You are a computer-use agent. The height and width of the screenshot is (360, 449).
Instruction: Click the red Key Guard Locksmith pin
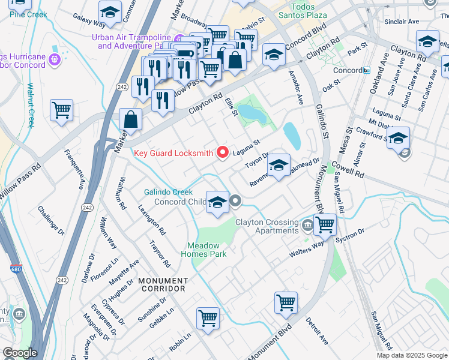click(x=223, y=153)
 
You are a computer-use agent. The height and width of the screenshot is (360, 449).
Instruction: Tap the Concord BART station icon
click(x=366, y=70)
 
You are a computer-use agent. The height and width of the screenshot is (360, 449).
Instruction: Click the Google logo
click(x=20, y=353)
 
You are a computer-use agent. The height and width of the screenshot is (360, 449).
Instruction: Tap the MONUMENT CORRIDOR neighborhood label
click(x=163, y=284)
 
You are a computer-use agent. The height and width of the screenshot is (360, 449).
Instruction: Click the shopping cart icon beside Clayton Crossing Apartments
click(x=325, y=224)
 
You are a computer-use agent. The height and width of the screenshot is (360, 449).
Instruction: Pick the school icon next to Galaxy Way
click(x=110, y=12)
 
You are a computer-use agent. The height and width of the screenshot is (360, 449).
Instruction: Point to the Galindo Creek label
click(x=168, y=192)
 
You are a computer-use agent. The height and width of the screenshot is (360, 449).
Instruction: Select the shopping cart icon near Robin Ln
click(x=208, y=317)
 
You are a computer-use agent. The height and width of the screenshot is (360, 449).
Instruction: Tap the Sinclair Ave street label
click(x=402, y=21)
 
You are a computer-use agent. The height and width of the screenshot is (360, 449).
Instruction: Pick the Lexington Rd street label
click(x=152, y=218)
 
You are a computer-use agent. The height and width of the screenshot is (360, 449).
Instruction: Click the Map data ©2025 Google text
click(x=412, y=355)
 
